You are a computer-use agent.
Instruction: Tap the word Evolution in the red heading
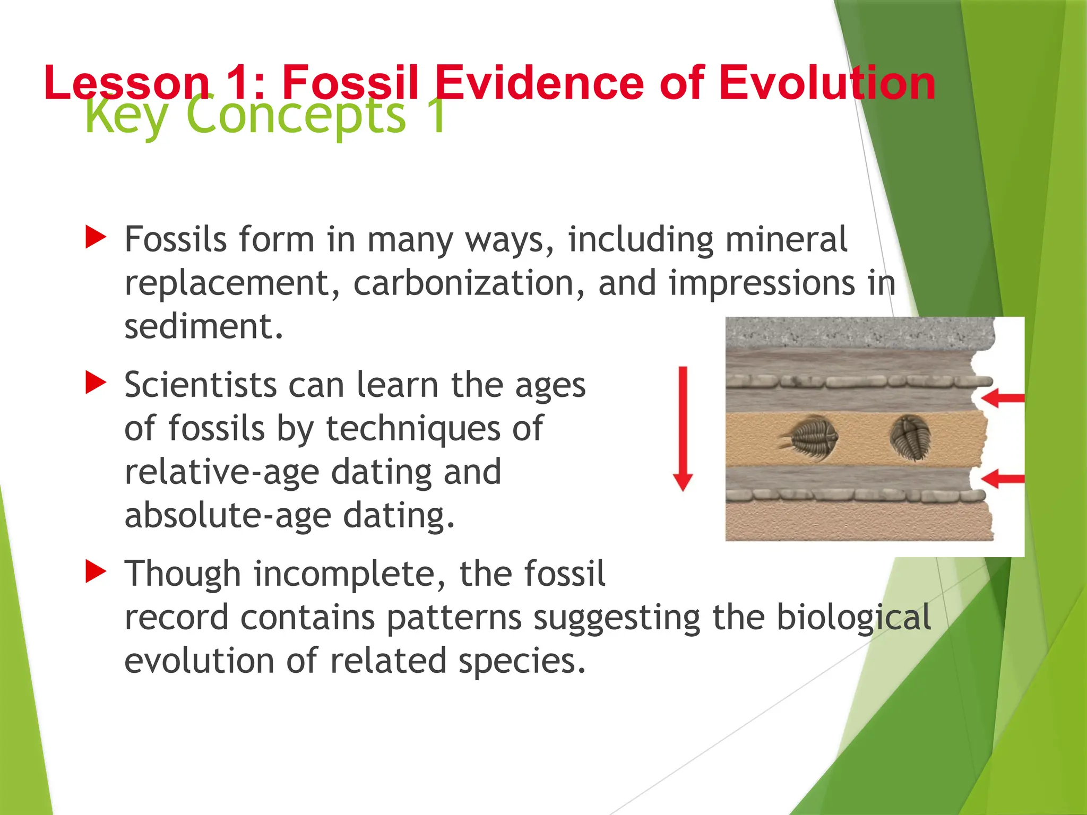coord(827,83)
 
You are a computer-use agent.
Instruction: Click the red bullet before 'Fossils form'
coord(96,237)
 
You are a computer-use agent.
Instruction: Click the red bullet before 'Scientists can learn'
coord(96,383)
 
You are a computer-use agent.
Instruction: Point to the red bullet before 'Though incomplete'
coord(96,571)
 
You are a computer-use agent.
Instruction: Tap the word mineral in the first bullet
coord(786,239)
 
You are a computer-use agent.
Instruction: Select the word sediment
coord(204,326)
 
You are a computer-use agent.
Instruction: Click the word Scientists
coord(201,385)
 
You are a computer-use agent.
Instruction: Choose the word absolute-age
coord(227,515)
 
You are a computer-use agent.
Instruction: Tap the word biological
coord(853,617)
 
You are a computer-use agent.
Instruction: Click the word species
coord(522,661)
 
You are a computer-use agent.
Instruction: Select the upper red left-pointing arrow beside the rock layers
coord(1002,398)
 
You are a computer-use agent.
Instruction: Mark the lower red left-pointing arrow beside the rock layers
coord(1002,479)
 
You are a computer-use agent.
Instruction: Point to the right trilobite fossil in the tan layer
coord(910,437)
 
